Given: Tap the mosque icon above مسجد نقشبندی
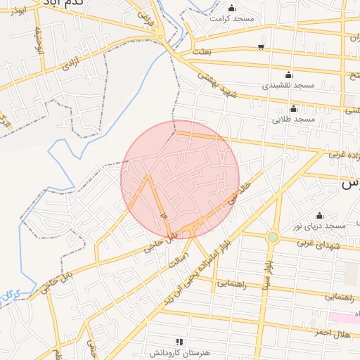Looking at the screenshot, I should point(288,75).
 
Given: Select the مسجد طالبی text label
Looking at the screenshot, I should point(295,120).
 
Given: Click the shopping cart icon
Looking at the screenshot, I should point(261,47).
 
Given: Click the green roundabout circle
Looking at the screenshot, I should point(273,237).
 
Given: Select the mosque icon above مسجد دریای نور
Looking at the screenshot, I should point(320,215).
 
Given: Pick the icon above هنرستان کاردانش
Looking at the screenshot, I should point(179,342).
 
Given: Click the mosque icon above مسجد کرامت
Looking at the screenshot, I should point(231,8).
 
